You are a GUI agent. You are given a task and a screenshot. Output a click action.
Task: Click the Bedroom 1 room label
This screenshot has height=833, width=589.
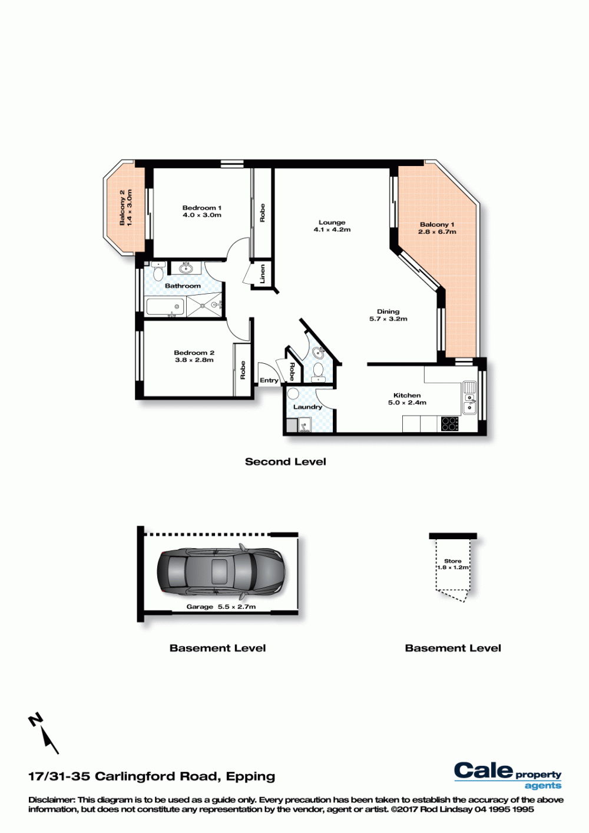pyautogui.click(x=201, y=208)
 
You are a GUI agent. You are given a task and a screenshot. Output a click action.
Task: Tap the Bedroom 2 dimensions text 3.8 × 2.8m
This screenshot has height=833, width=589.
pyautogui.click(x=194, y=360)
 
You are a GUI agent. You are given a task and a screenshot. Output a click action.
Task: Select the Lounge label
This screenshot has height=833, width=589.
pyautogui.click(x=332, y=223)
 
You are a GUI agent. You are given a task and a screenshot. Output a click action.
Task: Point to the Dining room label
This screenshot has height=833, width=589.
pyautogui.click(x=388, y=311)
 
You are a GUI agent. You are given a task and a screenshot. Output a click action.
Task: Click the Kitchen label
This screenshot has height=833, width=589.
pyautogui.click(x=407, y=395)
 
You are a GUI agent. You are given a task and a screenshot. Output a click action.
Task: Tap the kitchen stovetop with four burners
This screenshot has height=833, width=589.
pyautogui.click(x=450, y=424)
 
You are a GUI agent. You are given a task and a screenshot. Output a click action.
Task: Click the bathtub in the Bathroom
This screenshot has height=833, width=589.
pyautogui.click(x=165, y=307)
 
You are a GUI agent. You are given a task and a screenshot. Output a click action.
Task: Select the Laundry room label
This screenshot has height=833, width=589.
pyautogui.click(x=307, y=407)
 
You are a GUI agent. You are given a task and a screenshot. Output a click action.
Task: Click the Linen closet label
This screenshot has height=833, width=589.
pyautogui.click(x=263, y=274)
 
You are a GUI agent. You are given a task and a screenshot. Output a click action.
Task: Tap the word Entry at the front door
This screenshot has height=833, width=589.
pyautogui.click(x=269, y=380)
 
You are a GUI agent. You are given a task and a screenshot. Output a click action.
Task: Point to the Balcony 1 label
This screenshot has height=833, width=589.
pyautogui.click(x=437, y=225)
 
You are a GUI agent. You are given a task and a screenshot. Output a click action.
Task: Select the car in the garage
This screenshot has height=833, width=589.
pyautogui.click(x=221, y=571)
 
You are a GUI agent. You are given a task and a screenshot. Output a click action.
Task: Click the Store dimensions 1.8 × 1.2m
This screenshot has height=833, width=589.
pyautogui.click(x=453, y=567)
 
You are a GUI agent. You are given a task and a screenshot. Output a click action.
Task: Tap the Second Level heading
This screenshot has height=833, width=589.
pyautogui.click(x=286, y=462)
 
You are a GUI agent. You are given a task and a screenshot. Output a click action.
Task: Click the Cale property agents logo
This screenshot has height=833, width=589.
pyautogui.click(x=508, y=776)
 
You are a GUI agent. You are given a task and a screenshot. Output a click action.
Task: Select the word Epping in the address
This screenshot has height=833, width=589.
pyautogui.click(x=250, y=776)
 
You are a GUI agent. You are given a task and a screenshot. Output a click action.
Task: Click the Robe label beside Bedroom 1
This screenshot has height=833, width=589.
pyautogui.click(x=262, y=213)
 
